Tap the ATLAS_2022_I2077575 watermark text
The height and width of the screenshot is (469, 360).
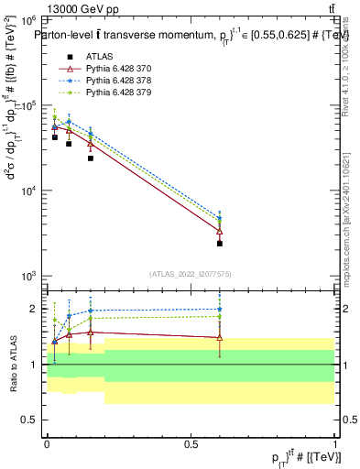click(x=191, y=274)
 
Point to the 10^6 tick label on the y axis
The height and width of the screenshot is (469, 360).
click(x=30, y=19)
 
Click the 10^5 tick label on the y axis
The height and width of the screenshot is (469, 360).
click(x=30, y=105)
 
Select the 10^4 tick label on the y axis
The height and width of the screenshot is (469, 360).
click(x=30, y=191)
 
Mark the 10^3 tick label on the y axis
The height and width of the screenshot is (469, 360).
click(x=30, y=276)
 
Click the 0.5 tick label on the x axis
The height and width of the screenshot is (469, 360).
click(x=191, y=442)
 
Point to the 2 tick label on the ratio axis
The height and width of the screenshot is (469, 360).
click(x=35, y=309)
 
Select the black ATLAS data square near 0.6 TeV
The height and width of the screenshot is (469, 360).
click(x=220, y=244)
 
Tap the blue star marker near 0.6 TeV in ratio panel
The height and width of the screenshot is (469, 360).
click(x=220, y=310)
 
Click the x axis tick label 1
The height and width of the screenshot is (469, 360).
click(x=335, y=442)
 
